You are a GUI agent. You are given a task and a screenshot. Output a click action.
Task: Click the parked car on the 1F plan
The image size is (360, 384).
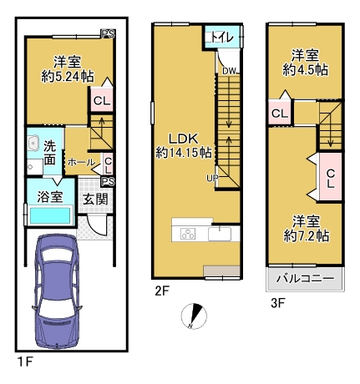(x=57, y=291)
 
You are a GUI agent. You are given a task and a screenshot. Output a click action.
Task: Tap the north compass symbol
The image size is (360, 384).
(x=194, y=316)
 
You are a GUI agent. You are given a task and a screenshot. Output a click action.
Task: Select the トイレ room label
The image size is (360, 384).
(x=222, y=37)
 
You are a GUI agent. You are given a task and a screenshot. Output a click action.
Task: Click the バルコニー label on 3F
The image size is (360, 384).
(x=306, y=279)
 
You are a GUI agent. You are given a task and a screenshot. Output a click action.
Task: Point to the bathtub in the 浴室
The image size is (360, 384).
(x=50, y=215)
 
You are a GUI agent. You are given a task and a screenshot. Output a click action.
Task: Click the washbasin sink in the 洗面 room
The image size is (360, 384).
(x=34, y=144)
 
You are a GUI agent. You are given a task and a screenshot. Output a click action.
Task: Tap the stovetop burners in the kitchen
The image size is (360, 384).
(x=188, y=233)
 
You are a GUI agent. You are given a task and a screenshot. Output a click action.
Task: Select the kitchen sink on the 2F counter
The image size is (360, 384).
(x=220, y=233)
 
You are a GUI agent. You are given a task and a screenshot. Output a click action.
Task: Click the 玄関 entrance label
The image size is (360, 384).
(x=95, y=199)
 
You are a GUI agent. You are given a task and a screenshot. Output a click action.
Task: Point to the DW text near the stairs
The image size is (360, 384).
(x=229, y=71)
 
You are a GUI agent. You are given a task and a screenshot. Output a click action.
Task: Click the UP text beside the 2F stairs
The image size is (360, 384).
(x=212, y=178)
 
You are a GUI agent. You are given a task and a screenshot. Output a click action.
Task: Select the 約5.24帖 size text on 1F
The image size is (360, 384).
(x=68, y=77)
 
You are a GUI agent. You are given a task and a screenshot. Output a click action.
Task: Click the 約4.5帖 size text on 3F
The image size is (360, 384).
(x=306, y=70)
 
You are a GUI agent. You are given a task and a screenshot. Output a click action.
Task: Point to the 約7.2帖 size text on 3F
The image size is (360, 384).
(x=307, y=236)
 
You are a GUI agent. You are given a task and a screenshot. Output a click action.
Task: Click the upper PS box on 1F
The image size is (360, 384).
(x=108, y=34)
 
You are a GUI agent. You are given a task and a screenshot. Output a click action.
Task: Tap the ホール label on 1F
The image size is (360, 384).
(x=82, y=162)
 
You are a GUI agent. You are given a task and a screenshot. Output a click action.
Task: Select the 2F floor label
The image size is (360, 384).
(x=162, y=291)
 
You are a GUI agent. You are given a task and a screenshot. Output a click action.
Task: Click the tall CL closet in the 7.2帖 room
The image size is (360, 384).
(x=331, y=176)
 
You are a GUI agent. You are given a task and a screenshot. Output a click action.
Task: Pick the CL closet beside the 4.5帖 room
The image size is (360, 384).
(x=280, y=114)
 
